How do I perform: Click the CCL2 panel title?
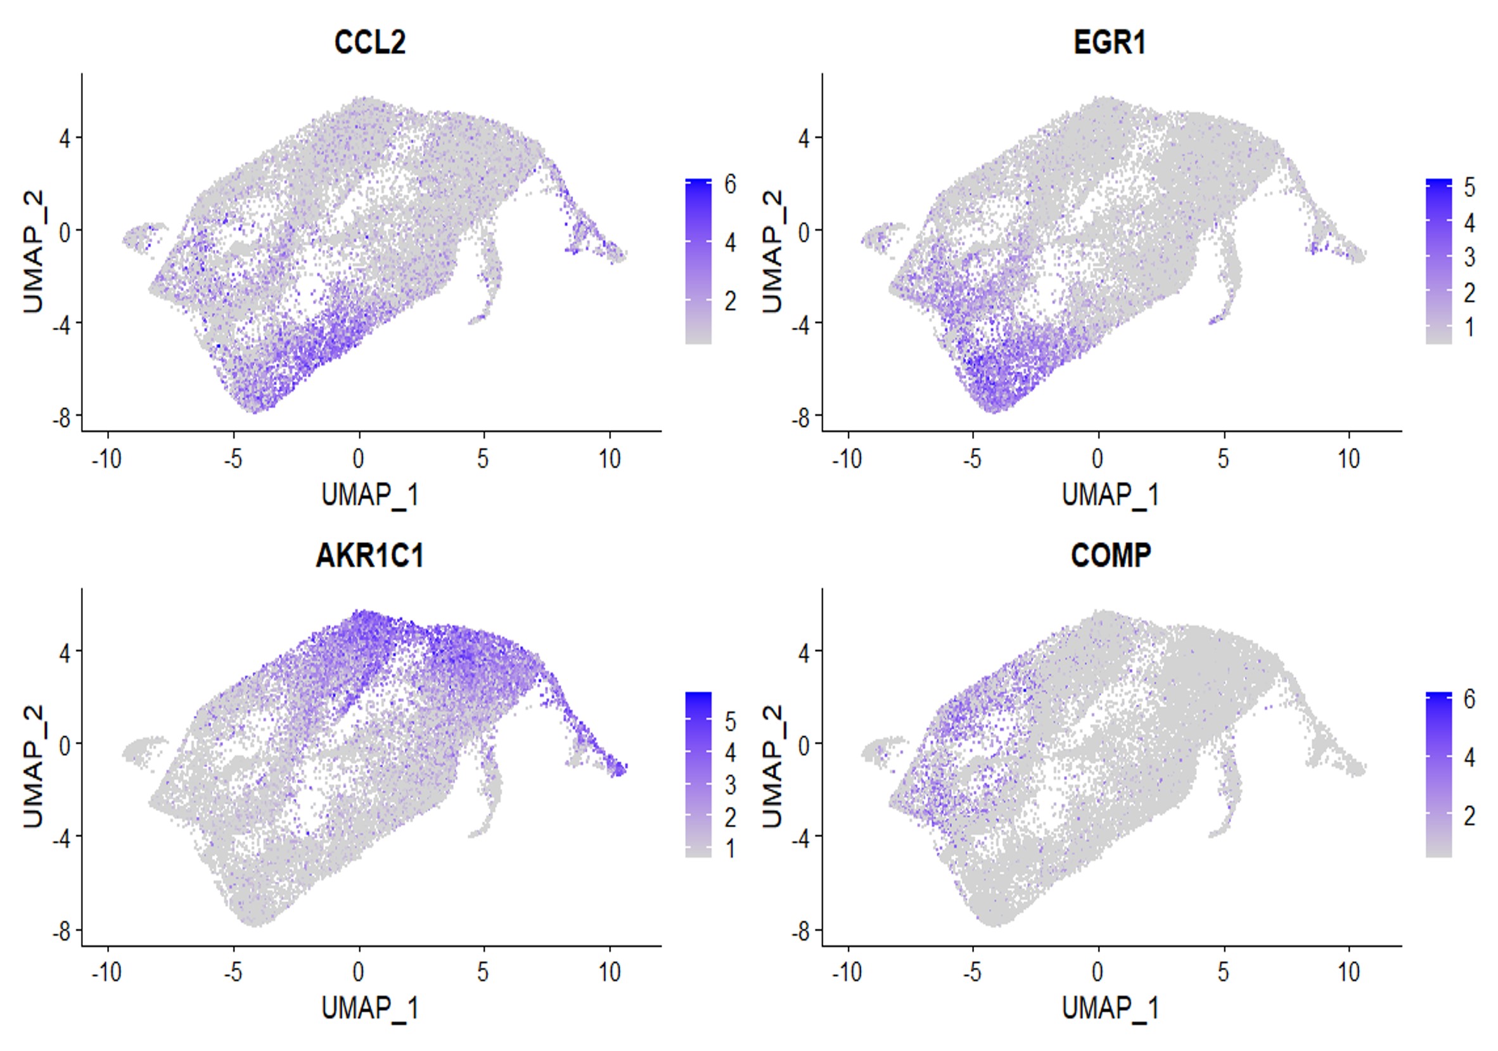coord(369,42)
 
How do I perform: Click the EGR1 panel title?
coord(1109,42)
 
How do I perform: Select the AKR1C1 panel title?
coord(369,556)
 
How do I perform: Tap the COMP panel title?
coord(1110,556)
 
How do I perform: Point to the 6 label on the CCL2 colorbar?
coord(730,184)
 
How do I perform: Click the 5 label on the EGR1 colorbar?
coord(1469,188)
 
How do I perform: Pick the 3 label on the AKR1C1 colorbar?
coord(730,785)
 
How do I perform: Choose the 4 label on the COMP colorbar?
coord(1469,758)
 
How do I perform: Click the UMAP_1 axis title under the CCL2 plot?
coord(369,495)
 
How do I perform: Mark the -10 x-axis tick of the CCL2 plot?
coord(106,459)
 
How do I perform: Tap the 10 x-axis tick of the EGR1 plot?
coord(1348,459)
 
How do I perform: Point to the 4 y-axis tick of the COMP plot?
coord(803,652)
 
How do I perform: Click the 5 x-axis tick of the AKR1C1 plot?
coord(483,972)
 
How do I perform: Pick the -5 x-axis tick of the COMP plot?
coord(972,972)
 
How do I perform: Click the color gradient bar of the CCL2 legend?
coord(698,261)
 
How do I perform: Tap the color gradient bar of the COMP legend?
coord(1438,774)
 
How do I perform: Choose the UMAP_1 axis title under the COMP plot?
coord(1110,1009)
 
